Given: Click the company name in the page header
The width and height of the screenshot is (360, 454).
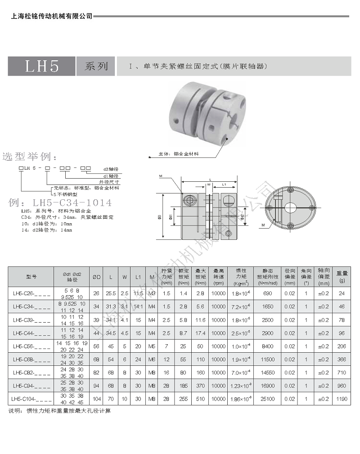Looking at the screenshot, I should pyautogui.click(x=51, y=16).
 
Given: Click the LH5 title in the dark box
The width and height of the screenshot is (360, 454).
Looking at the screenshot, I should pyautogui.click(x=42, y=67).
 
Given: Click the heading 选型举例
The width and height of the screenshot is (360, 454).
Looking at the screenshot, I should pyautogui.click(x=30, y=157).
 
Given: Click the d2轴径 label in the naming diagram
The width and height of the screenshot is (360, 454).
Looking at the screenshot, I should pyautogui.click(x=110, y=169).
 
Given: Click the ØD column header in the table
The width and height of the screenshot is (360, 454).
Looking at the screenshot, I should pyautogui.click(x=96, y=276).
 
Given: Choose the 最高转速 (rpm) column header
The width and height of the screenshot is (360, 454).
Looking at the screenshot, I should pyautogui.click(x=219, y=276).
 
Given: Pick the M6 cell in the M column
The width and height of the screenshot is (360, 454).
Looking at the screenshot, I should pyautogui.click(x=152, y=360).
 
